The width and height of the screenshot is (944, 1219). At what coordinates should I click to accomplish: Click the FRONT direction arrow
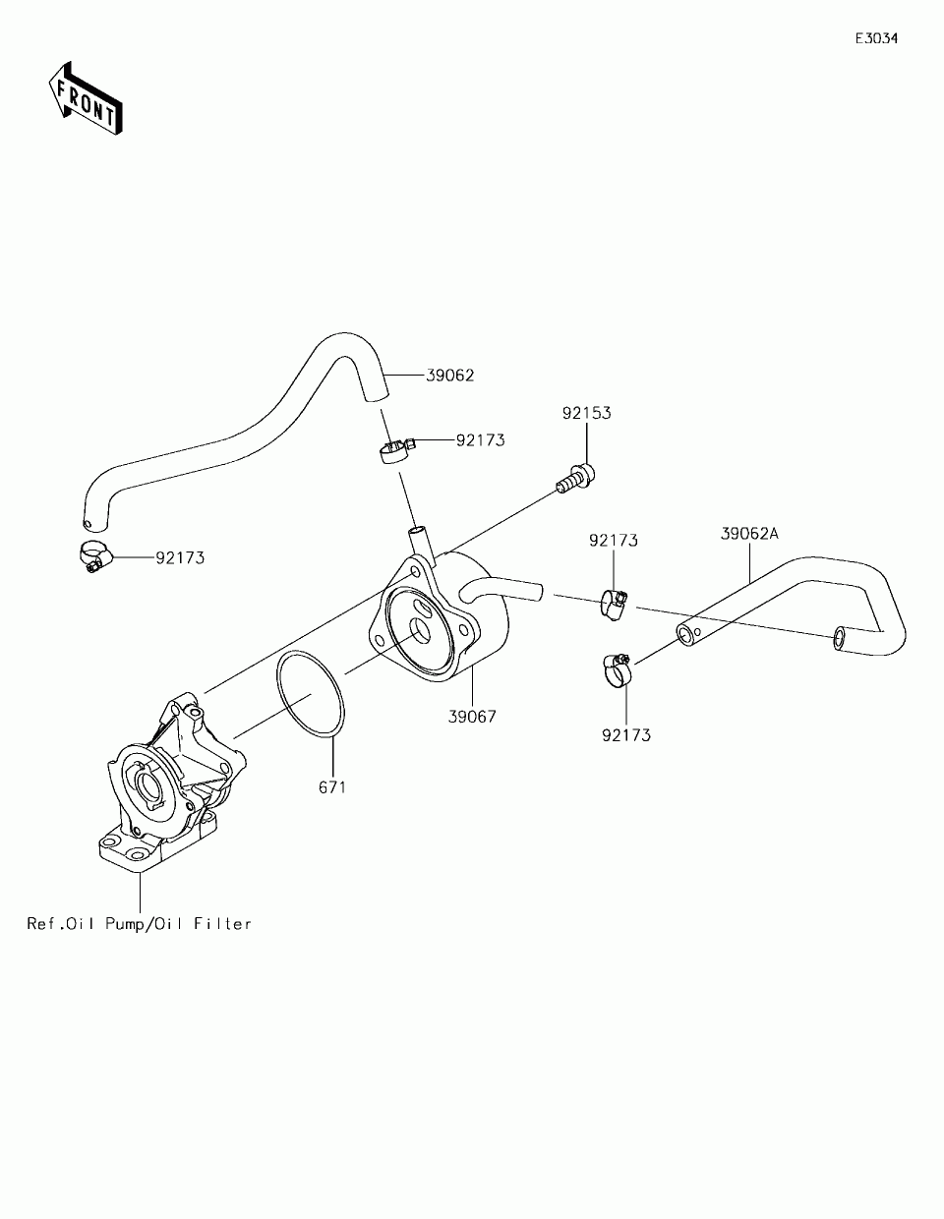85,97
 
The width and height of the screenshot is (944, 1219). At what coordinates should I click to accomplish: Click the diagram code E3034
875,39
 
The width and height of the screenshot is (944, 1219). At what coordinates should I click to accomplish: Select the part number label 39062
450,376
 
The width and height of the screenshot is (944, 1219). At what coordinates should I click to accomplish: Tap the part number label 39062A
749,534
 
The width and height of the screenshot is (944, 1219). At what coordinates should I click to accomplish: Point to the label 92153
586,413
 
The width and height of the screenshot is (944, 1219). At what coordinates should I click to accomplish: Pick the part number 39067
472,717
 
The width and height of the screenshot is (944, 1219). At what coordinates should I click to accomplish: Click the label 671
331,787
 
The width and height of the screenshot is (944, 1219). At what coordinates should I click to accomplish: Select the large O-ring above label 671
310,694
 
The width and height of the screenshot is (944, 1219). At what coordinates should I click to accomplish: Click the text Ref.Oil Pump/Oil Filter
139,924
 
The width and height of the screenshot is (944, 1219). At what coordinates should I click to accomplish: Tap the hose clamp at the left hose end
93,556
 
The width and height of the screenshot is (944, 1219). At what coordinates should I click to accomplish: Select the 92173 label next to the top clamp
480,440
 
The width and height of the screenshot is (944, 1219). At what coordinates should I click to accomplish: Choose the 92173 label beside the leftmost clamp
180,558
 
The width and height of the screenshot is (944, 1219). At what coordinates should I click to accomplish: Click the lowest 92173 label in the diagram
626,734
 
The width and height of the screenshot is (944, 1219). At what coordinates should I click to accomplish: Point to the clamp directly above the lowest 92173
616,668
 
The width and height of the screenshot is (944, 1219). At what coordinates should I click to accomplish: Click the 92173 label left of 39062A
614,541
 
